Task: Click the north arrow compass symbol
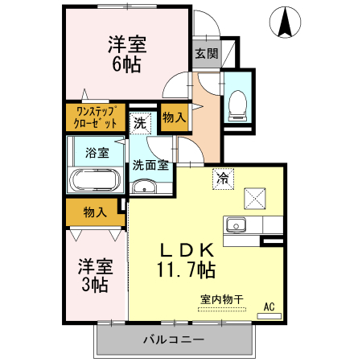[285, 22]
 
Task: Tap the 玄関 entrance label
[206, 54]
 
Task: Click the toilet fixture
[237, 101]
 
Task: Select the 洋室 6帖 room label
[126, 54]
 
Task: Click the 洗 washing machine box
[141, 124]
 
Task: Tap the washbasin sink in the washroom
[145, 188]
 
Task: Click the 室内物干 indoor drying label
[221, 299]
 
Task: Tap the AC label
[270, 306]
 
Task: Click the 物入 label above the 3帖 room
[95, 212]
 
